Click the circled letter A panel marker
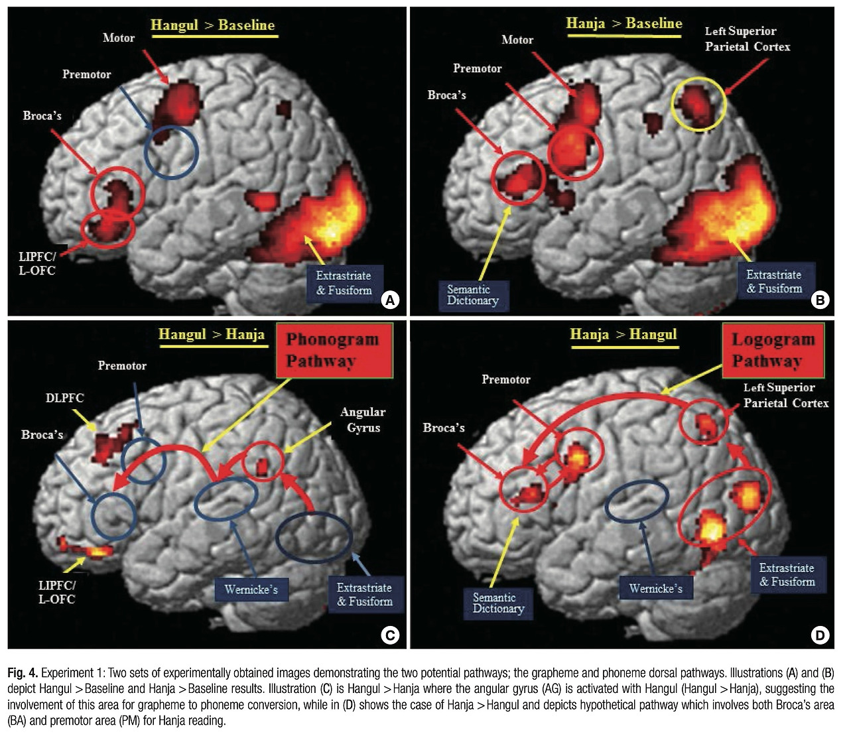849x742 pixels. point(390,300)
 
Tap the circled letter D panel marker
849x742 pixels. point(820,635)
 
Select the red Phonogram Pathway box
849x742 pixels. point(334,351)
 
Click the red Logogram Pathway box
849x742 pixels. point(773,351)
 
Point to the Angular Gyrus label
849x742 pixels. point(363,420)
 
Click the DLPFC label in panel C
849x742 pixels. point(65,398)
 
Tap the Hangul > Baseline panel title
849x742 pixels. point(212,25)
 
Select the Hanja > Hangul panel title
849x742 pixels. point(623,334)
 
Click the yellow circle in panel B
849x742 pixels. point(699,104)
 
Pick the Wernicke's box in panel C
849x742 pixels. point(251,589)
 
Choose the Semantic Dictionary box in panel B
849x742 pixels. point(474,295)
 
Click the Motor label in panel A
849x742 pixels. point(119,38)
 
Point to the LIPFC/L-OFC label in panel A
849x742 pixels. point(37,264)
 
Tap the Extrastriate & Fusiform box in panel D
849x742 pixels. point(787,574)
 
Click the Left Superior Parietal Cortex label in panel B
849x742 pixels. point(748,38)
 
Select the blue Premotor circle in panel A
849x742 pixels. point(171,153)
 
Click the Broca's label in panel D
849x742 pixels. point(444,428)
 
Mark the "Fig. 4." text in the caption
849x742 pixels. point(23,672)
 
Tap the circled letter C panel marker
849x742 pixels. point(390,635)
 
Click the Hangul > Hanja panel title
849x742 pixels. point(212,334)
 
